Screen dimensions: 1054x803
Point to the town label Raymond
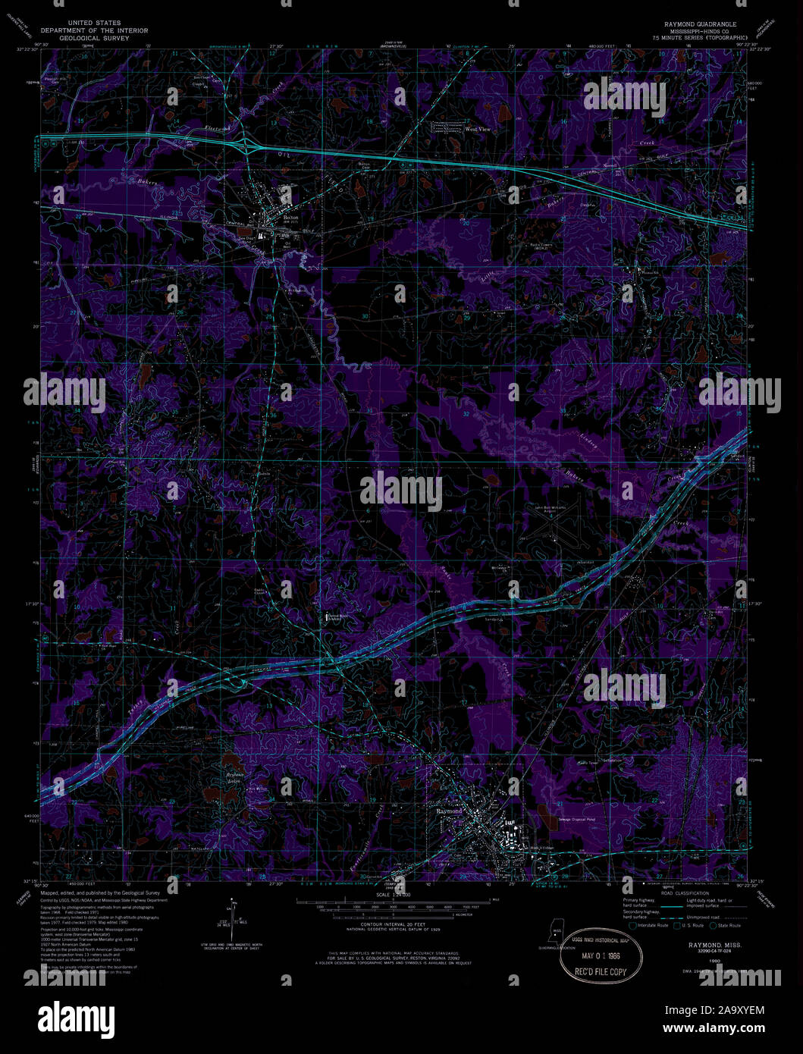(x=449, y=811)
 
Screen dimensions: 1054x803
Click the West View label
(x=478, y=130)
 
